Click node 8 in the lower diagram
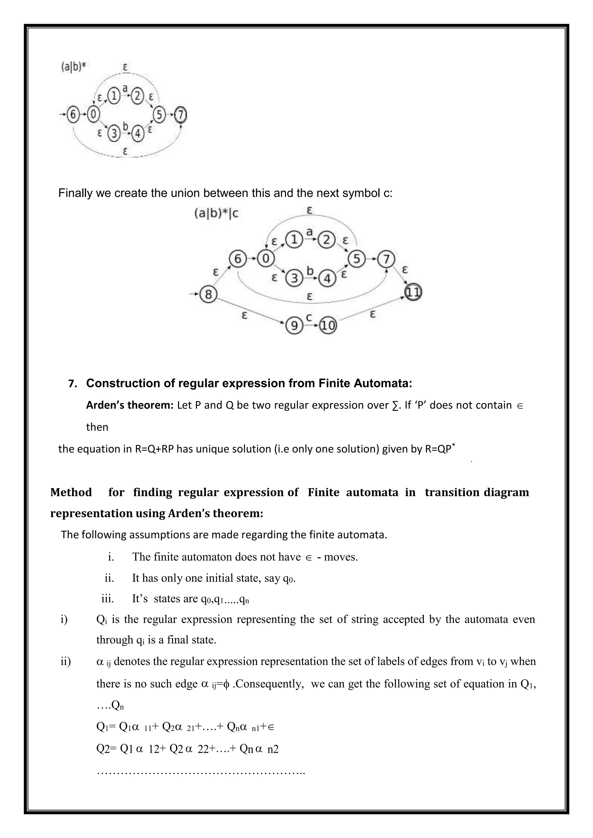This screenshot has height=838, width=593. (208, 294)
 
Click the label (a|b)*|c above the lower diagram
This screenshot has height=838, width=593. (216, 214)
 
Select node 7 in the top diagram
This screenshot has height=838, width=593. (180, 115)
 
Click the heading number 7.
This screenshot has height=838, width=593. (72, 384)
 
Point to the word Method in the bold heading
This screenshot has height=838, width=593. (71, 492)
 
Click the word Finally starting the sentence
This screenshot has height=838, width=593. (75, 193)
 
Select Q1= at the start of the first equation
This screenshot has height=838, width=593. (106, 727)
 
